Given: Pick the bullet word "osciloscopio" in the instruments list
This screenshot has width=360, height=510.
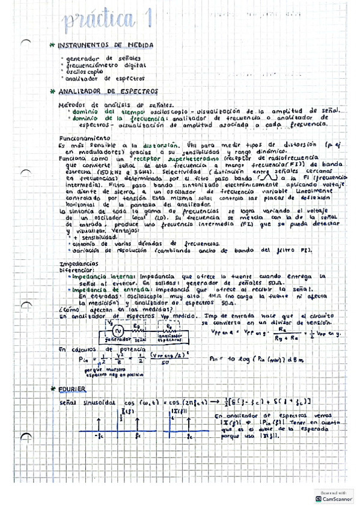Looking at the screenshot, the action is (x=84, y=71).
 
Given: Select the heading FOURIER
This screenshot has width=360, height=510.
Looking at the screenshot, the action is (x=72, y=389).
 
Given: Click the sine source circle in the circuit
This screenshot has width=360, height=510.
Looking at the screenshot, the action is (x=119, y=330).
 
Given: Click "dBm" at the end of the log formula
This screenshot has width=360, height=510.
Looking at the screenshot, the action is (x=287, y=359).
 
